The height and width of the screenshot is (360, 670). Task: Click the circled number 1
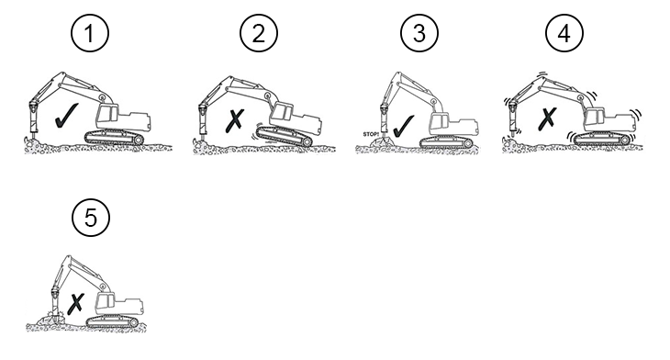pos(90,33)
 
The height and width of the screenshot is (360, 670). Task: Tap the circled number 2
pos(259,33)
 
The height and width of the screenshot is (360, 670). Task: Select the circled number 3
pos(419,33)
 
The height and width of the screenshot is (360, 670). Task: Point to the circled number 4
pos(564,33)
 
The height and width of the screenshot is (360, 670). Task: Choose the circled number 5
pos(91,218)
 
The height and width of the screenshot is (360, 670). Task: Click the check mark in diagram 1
pos(67,116)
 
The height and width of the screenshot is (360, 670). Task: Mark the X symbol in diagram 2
pos(235,120)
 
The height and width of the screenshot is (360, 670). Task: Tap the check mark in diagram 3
pos(403,126)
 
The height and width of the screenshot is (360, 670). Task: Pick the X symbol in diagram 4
pos(547,118)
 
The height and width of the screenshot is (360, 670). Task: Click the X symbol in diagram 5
pos(75,304)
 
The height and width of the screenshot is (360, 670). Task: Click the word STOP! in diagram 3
pos(371,134)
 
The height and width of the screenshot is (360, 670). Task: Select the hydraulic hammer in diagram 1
pos(33,118)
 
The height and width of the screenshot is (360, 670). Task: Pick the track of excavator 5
pos(112,322)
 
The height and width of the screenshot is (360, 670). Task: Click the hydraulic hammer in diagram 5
pos(55,302)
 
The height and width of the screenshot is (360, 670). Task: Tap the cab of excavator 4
pos(595,118)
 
